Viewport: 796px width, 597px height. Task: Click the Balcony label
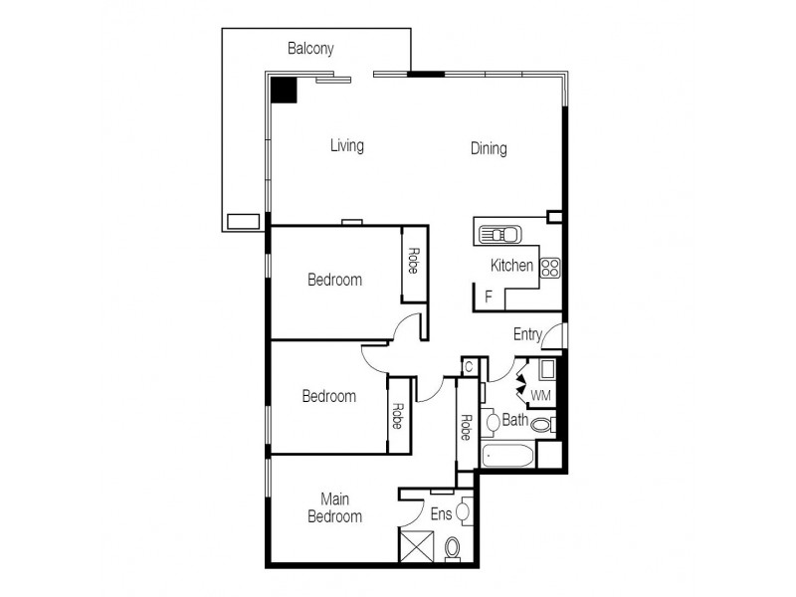[310, 48]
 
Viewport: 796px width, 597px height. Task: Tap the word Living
[346, 146]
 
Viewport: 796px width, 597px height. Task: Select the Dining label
[489, 149]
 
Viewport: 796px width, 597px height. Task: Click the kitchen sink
[500, 235]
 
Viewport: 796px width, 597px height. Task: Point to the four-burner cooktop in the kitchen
[550, 267]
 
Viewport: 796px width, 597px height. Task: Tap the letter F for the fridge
[488, 297]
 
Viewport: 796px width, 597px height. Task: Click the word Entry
[527, 334]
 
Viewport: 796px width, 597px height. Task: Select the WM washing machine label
[540, 396]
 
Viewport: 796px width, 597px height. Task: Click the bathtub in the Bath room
[507, 457]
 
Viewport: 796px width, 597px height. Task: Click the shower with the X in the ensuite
[415, 547]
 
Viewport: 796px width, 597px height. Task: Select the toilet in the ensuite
[452, 547]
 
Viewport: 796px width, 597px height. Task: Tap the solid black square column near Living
[286, 90]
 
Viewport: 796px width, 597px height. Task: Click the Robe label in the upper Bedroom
[412, 260]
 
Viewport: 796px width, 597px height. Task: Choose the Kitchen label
[511, 266]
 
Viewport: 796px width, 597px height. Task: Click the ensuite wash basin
[463, 513]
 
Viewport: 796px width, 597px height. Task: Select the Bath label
[514, 420]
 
